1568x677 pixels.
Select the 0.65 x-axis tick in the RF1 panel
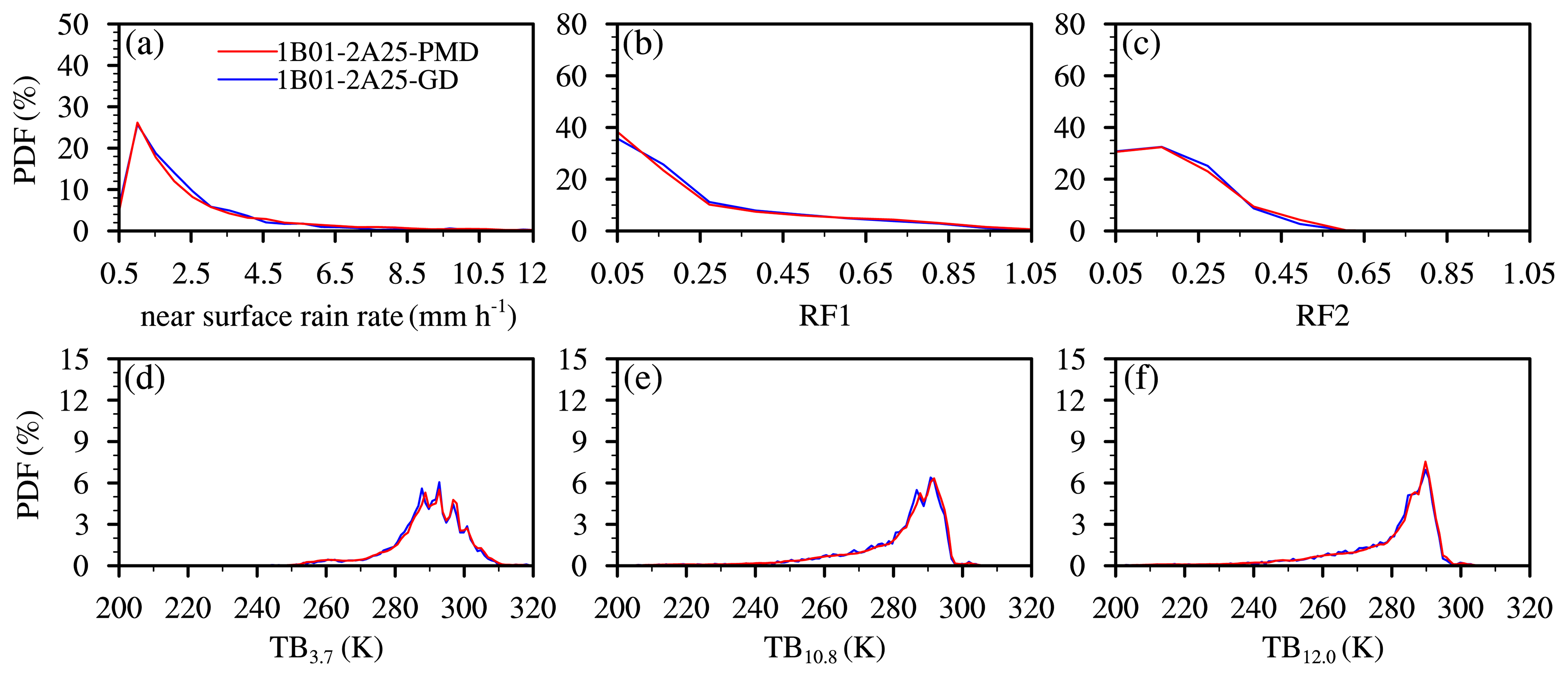point(865,274)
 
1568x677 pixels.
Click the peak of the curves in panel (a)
point(138,123)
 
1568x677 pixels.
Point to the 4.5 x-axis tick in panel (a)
point(263,274)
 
